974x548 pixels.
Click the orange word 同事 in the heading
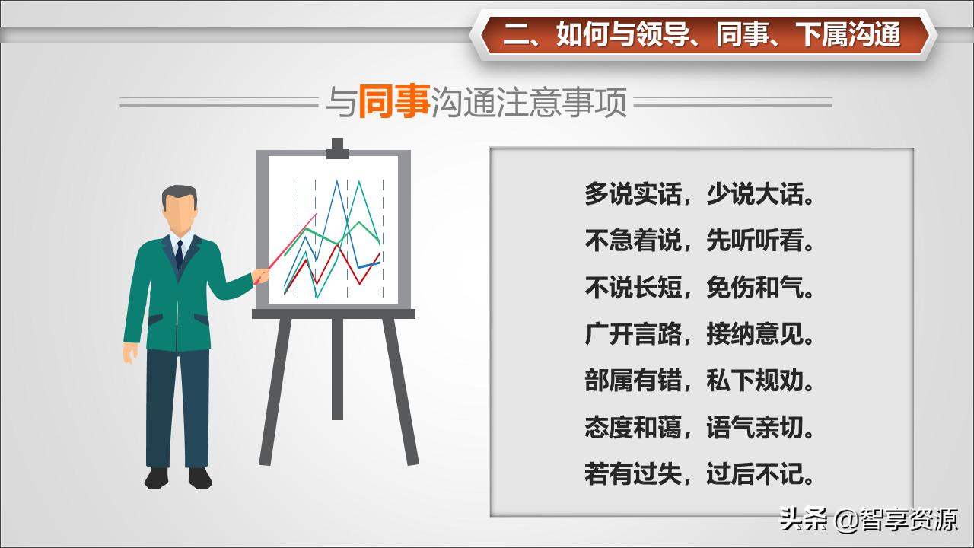[393, 102]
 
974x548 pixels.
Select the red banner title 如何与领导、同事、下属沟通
[702, 34]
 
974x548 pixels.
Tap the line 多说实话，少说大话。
[699, 194]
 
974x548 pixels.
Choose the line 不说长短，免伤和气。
[699, 287]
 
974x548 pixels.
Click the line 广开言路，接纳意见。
[699, 333]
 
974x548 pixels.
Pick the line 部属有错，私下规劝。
[699, 381]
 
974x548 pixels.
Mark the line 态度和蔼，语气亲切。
[699, 427]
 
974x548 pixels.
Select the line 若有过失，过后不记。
[699, 474]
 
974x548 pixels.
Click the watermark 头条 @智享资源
[867, 521]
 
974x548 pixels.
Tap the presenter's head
[180, 209]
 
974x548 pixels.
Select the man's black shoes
[178, 477]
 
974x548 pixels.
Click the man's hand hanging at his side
[131, 352]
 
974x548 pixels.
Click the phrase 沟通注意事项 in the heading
[529, 102]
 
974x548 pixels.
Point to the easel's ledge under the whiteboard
[333, 313]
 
